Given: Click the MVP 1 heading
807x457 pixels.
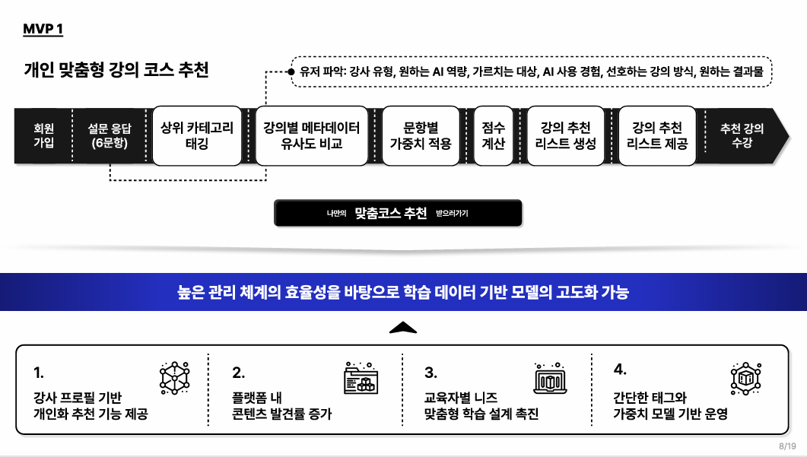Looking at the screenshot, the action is point(43,30).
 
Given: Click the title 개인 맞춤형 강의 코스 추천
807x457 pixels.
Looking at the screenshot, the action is point(116,70).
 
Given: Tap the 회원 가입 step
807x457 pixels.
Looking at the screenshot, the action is point(44,135).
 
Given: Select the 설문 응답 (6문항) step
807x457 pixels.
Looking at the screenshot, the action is point(110,135).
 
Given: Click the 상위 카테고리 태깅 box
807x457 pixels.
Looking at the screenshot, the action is point(197,136).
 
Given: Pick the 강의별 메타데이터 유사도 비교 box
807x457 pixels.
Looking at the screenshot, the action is point(312,136).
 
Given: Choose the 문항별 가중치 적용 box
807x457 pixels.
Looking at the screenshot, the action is point(421,136).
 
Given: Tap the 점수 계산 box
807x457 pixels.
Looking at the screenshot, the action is point(493,136).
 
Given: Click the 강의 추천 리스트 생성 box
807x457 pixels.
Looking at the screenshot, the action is point(565,136).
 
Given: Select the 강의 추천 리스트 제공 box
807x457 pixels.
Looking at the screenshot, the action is point(657,136).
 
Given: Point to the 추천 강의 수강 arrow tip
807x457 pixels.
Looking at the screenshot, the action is point(789,136).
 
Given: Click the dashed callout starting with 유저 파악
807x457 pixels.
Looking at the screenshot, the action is point(532,71).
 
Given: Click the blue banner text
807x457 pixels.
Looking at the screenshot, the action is point(403,292).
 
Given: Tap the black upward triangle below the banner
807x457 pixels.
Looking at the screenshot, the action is point(403,328).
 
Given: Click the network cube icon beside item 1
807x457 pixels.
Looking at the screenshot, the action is point(174,378).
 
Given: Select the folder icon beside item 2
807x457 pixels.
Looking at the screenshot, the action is point(361,378).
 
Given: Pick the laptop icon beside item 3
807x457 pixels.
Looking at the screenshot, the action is point(550,378).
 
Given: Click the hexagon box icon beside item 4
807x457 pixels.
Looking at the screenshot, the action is point(745,379).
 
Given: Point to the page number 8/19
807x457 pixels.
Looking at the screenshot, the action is point(787,446).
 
